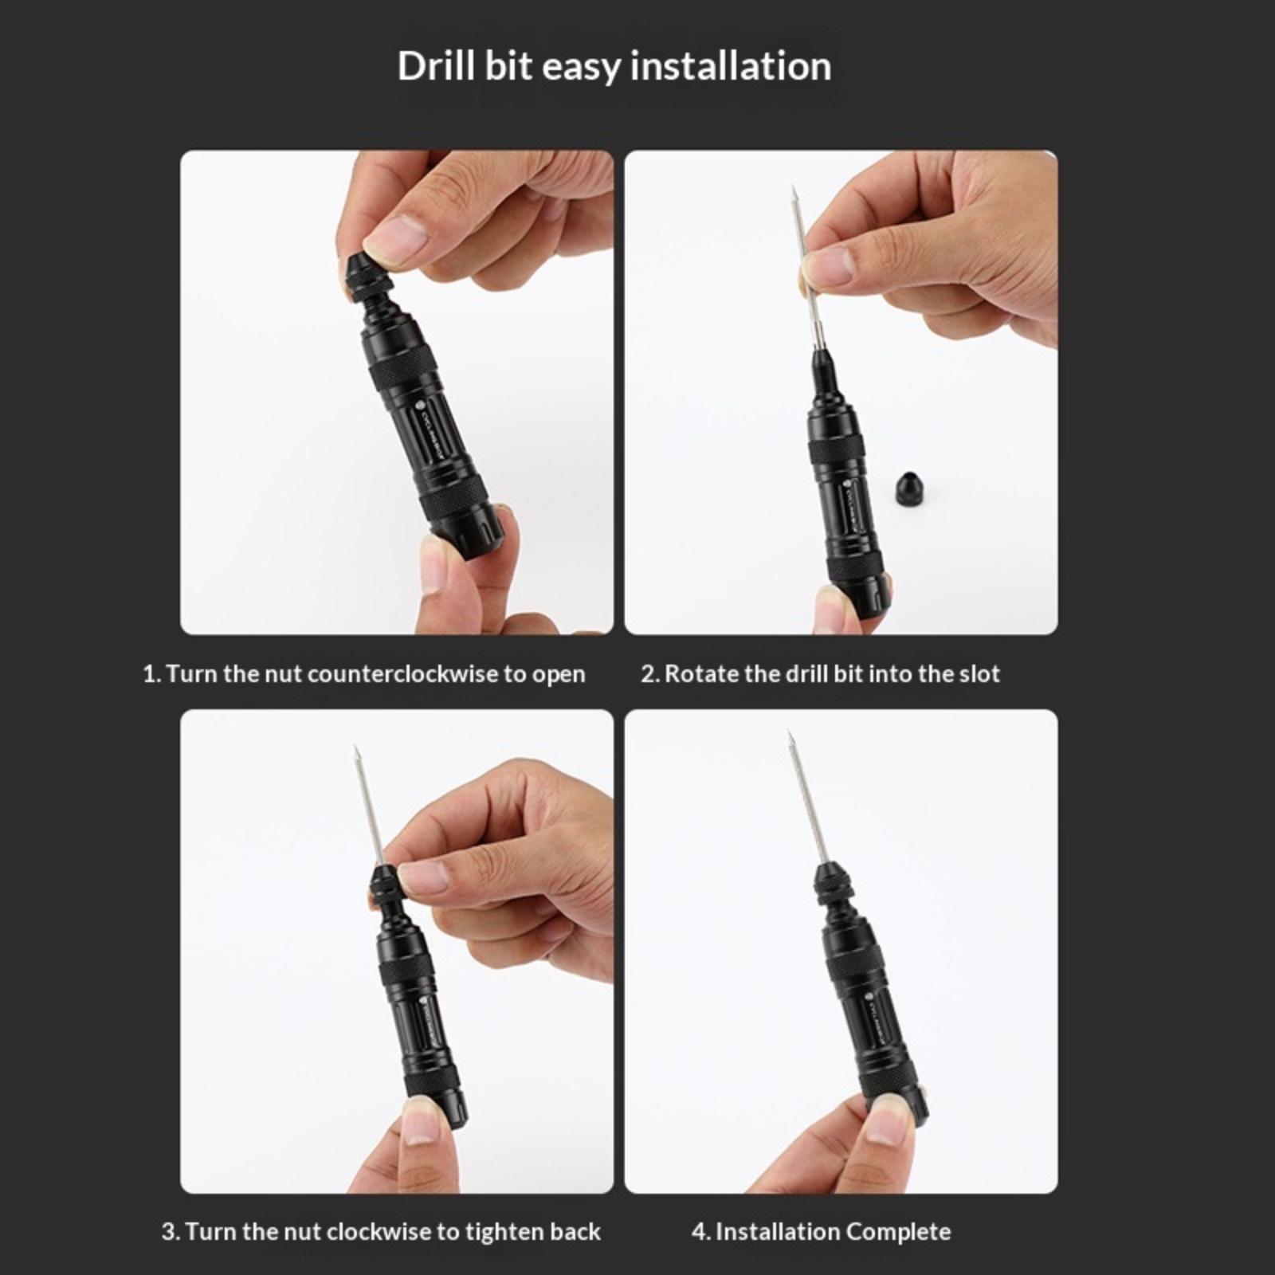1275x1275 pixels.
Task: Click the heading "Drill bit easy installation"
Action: pos(614,65)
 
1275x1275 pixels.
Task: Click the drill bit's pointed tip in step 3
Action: pos(355,750)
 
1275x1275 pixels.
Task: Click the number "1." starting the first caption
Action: pos(152,674)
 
